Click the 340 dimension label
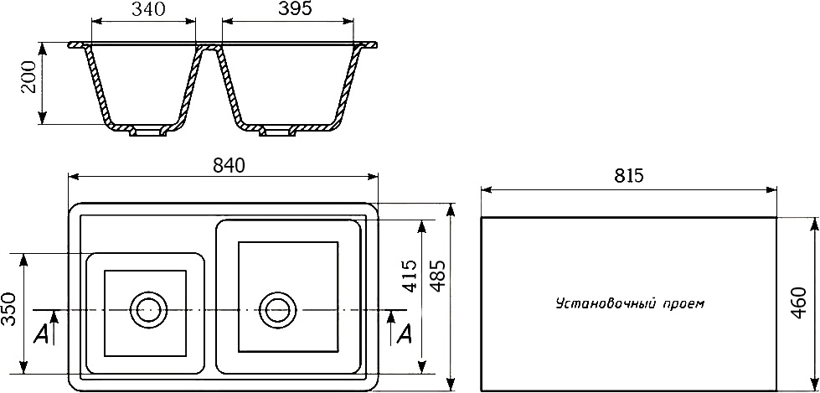coord(148,9)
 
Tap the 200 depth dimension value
coord(28,77)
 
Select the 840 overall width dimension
coord(228,165)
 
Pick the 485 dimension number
coord(438,276)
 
